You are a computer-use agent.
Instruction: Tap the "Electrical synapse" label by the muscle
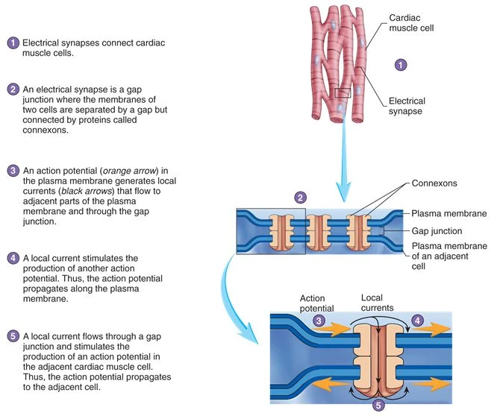[407, 106]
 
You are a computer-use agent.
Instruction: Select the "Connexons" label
[432, 183]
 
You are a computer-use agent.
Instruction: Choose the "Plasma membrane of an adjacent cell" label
[448, 256]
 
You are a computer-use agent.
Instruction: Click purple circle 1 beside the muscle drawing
[400, 65]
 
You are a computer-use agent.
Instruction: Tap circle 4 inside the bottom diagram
[417, 321]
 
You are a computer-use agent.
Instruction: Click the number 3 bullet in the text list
[13, 171]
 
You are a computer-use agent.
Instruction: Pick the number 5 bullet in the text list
[13, 335]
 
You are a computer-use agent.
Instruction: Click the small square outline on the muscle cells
[343, 93]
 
